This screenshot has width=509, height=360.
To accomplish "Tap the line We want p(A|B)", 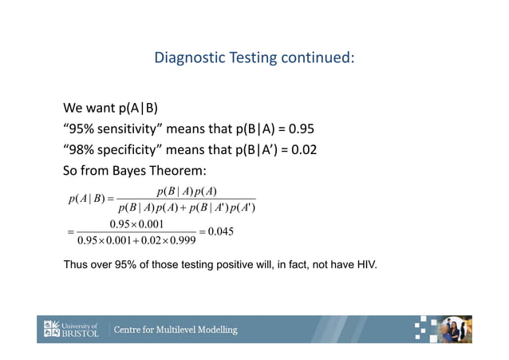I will coord(110,109).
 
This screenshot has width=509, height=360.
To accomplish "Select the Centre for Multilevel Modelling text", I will coord(176,330).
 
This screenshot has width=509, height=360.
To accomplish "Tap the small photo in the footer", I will coord(457,329).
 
